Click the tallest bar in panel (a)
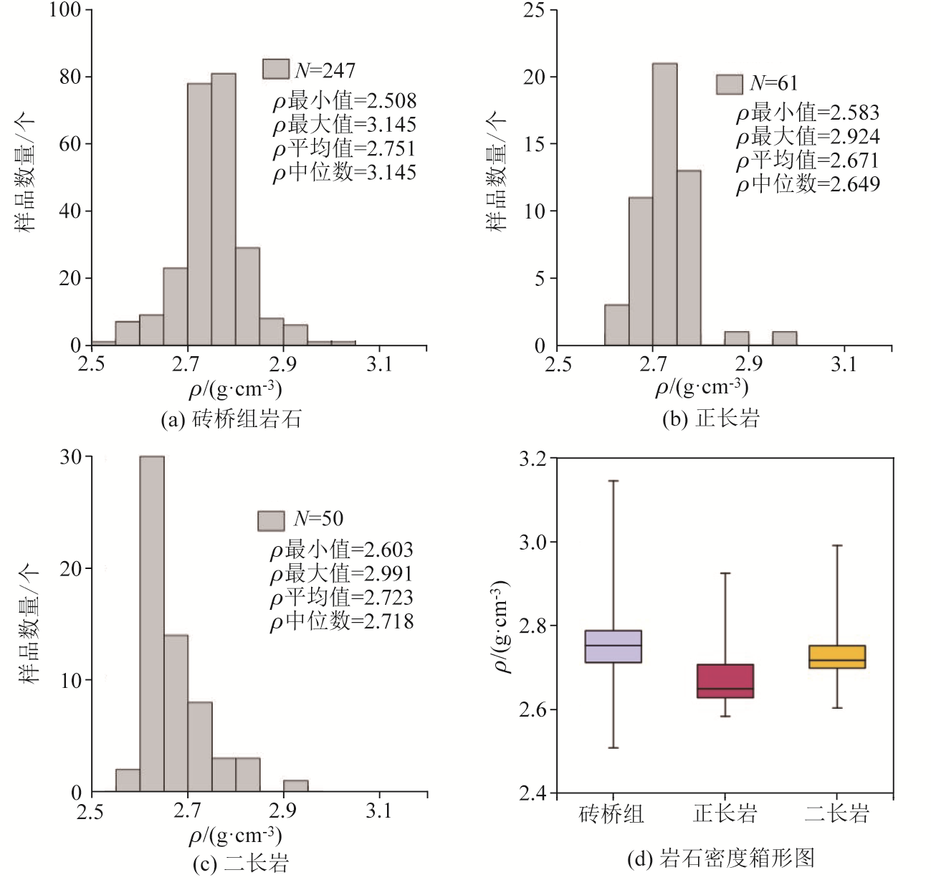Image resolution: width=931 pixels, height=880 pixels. [x=223, y=208]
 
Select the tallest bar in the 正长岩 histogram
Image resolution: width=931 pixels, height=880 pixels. [x=664, y=204]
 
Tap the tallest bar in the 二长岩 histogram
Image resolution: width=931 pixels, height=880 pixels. [x=151, y=623]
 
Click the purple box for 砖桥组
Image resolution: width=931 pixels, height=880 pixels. [x=613, y=646]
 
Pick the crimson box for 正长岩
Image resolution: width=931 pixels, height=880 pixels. [x=725, y=681]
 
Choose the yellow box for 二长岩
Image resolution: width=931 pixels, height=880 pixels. [x=836, y=656]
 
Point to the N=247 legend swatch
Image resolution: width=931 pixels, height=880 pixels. [x=276, y=69]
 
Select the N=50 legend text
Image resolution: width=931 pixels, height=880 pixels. [x=318, y=519]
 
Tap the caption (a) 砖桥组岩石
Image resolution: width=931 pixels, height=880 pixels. [x=231, y=419]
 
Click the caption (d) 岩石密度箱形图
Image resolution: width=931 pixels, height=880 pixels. [x=720, y=858]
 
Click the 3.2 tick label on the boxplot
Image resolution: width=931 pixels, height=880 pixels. [x=533, y=458]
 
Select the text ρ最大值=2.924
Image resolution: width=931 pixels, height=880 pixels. [x=808, y=136]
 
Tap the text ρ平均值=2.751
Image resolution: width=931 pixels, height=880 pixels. [x=344, y=148]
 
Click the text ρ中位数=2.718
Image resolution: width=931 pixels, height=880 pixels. [x=342, y=621]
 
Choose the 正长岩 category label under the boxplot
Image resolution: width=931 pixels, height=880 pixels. [x=725, y=813]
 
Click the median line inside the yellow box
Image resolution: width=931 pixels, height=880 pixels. [x=836, y=660]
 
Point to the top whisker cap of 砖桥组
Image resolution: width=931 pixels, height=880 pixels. [x=613, y=481]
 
